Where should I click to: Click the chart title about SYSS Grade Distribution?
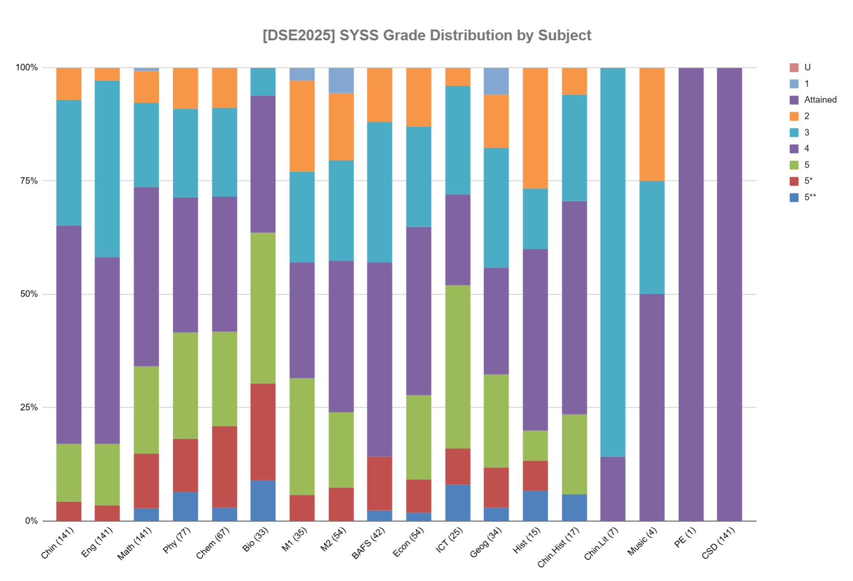click(427, 36)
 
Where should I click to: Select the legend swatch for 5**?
click(794, 197)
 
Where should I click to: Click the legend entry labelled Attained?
click(820, 100)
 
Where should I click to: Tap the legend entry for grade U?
click(807, 67)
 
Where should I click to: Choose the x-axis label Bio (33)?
click(255, 540)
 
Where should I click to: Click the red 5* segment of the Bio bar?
click(263, 432)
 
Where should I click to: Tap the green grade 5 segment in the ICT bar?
click(458, 366)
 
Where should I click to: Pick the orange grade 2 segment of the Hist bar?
click(535, 128)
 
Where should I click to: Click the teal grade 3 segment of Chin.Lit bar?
click(613, 262)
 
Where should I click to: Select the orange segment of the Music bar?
click(652, 124)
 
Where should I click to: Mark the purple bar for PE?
click(690, 294)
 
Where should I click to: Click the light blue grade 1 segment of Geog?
click(496, 81)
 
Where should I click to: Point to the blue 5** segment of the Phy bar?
click(185, 506)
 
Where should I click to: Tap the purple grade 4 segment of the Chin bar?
click(69, 335)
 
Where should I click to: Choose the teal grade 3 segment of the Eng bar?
click(107, 169)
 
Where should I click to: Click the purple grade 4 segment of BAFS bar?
click(379, 359)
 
